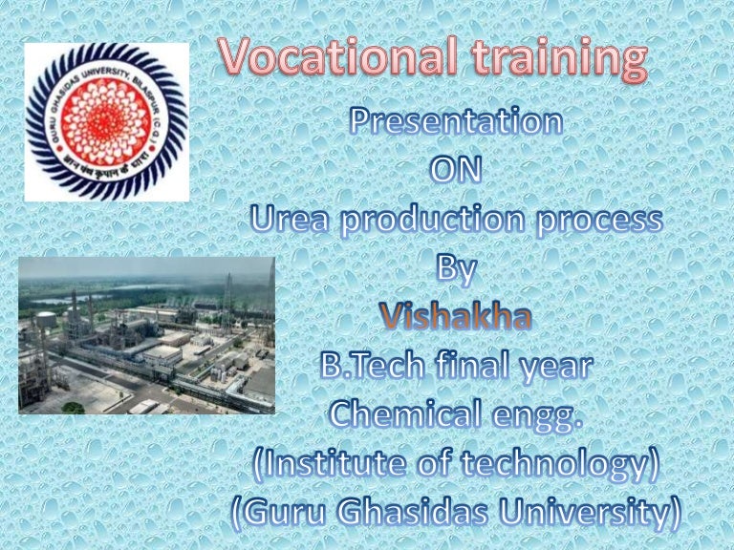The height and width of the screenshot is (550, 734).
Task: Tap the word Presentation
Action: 454,122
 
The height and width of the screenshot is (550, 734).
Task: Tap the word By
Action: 456,269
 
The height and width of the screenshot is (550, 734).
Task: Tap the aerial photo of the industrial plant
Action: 146,334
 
